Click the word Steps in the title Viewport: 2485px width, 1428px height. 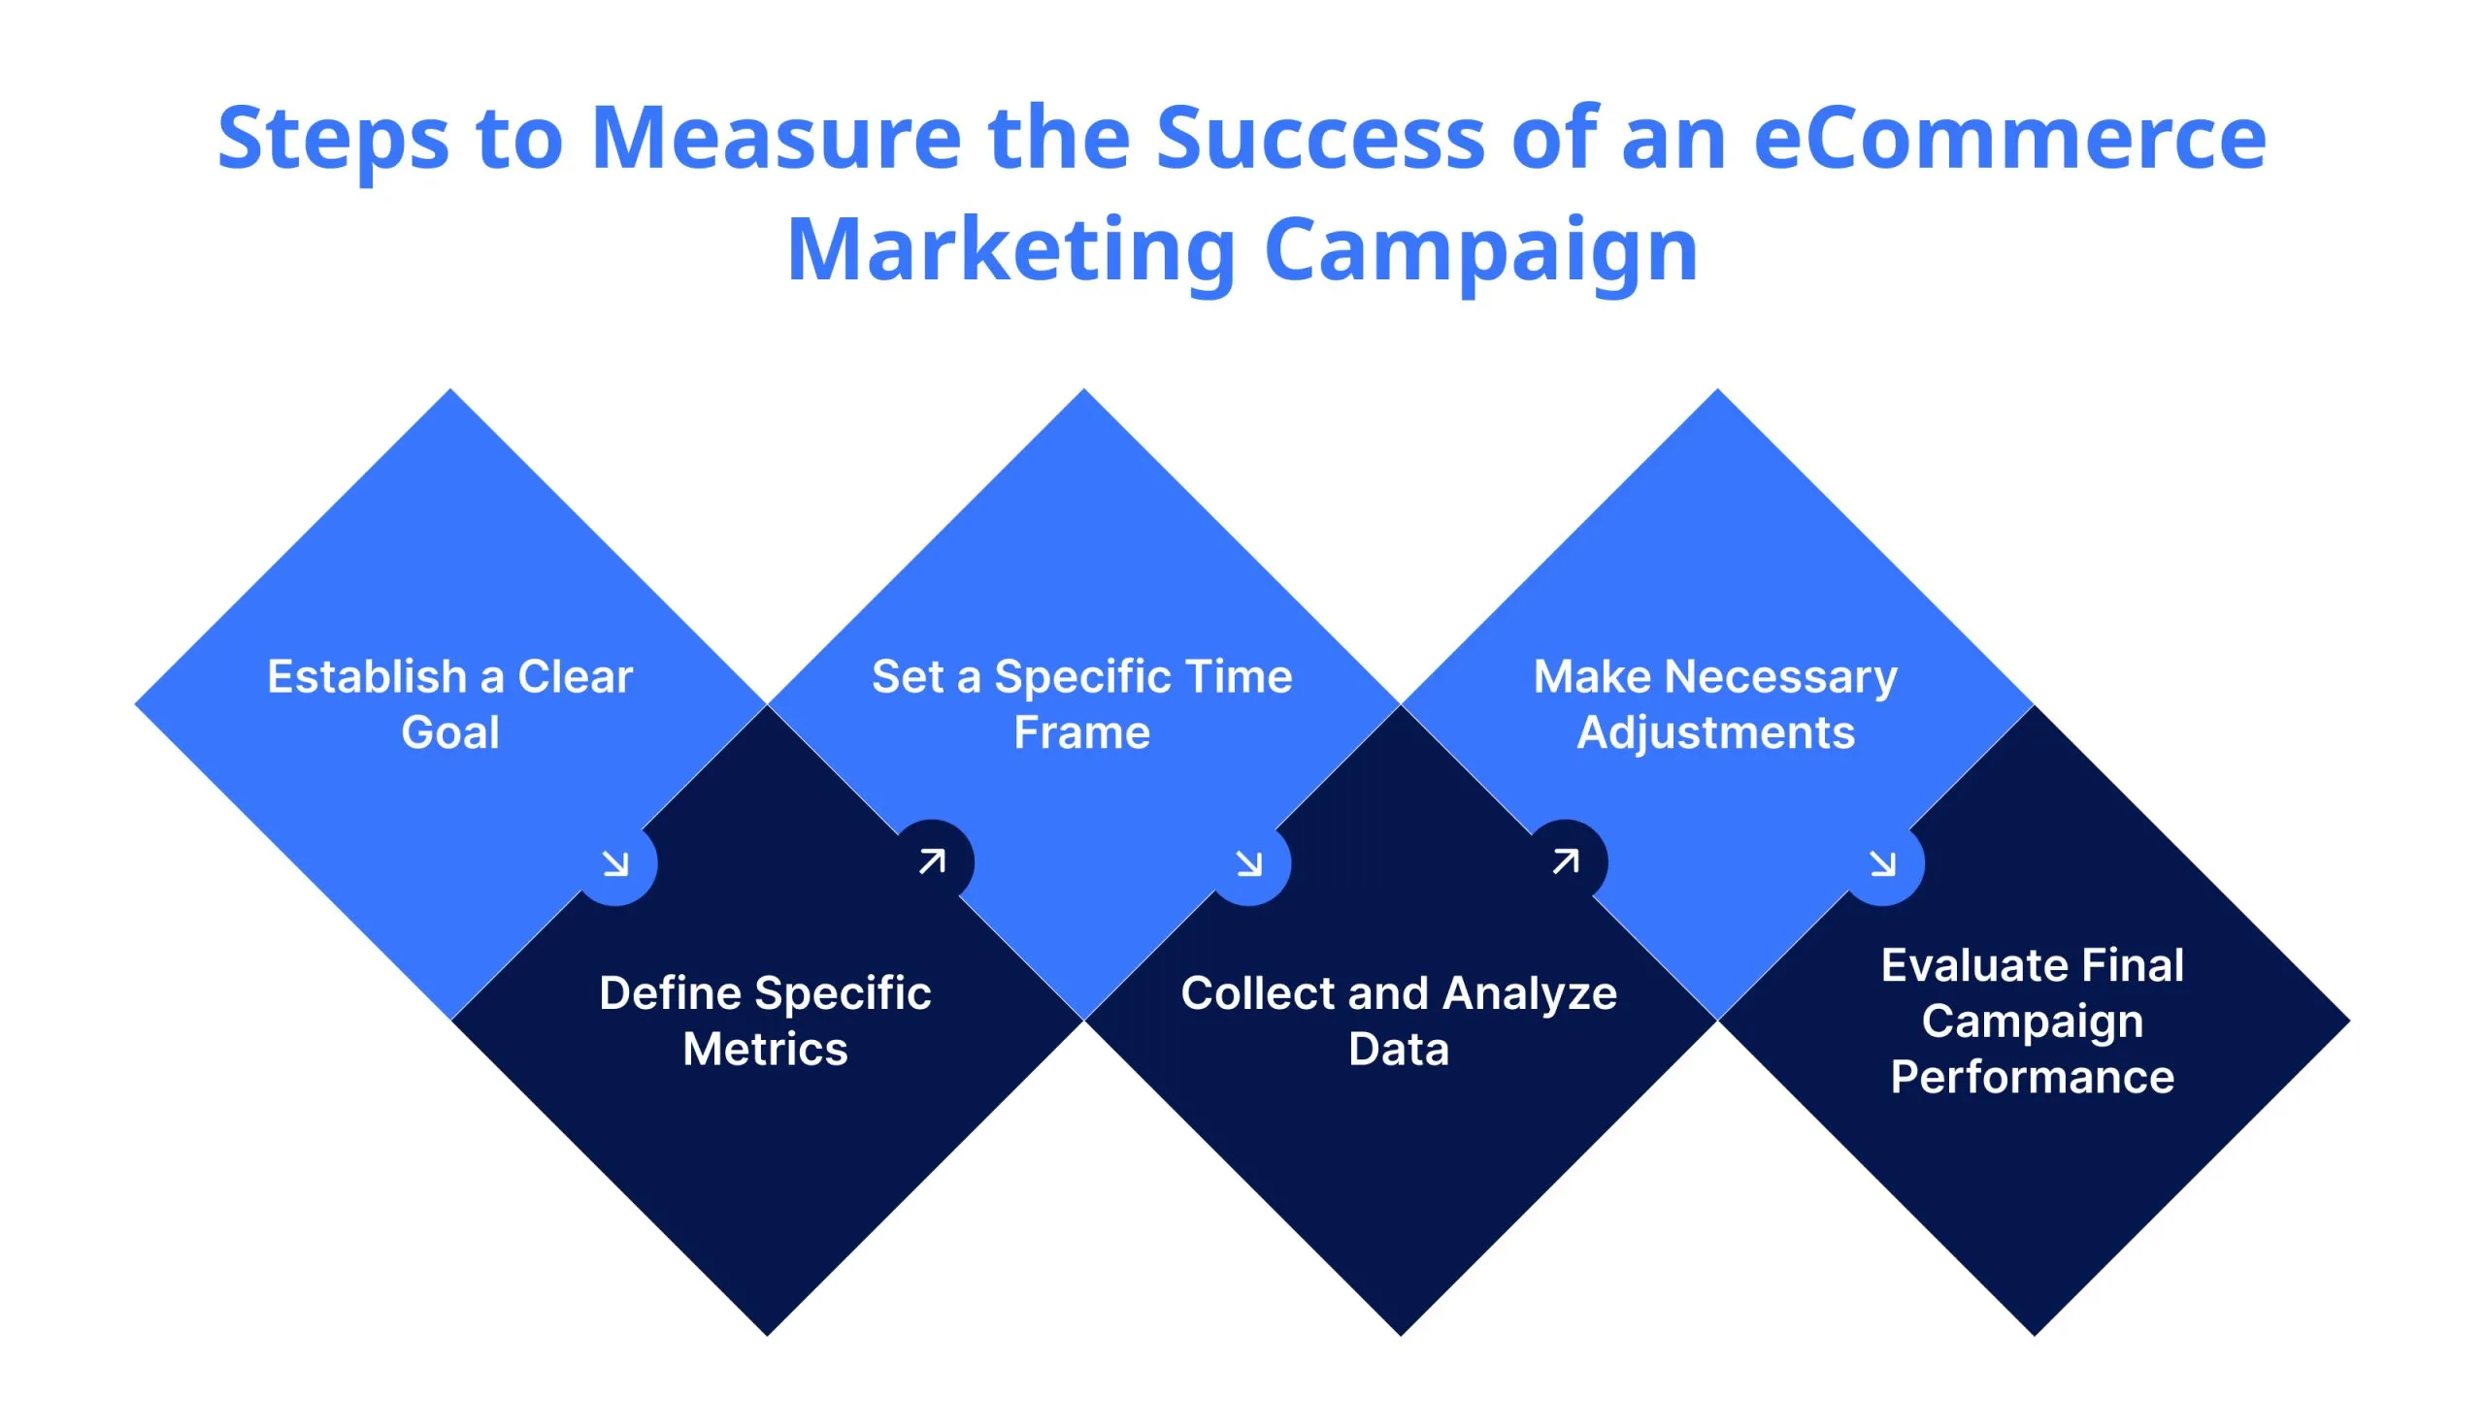[x=333, y=140]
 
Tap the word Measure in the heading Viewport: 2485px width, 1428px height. [x=776, y=138]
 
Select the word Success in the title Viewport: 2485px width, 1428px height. [x=1319, y=138]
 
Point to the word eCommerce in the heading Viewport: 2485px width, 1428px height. [x=2009, y=138]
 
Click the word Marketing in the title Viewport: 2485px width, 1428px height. [x=1011, y=249]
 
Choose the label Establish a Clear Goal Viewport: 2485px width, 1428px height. [x=450, y=704]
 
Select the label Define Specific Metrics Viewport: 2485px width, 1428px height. [x=765, y=1021]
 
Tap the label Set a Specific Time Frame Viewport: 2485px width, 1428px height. [x=1082, y=704]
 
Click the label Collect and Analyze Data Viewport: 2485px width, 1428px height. [x=1399, y=1021]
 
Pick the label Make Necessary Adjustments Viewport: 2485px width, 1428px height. [x=1715, y=704]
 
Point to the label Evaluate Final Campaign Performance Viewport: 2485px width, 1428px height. [x=2033, y=1021]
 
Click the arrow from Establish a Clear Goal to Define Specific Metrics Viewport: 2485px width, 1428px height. [x=616, y=864]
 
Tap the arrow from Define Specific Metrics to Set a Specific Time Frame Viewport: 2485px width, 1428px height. [x=932, y=861]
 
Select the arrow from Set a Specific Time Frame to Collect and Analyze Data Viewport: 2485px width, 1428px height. [x=1249, y=864]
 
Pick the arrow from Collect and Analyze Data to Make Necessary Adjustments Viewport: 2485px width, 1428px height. [x=1566, y=861]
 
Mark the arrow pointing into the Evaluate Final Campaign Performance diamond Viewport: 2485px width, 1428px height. [x=1882, y=864]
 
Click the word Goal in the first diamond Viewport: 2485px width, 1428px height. [x=450, y=732]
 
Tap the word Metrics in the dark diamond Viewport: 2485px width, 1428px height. [x=765, y=1050]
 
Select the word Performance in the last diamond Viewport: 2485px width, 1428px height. [x=2033, y=1077]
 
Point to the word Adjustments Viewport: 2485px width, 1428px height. [x=1715, y=732]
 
